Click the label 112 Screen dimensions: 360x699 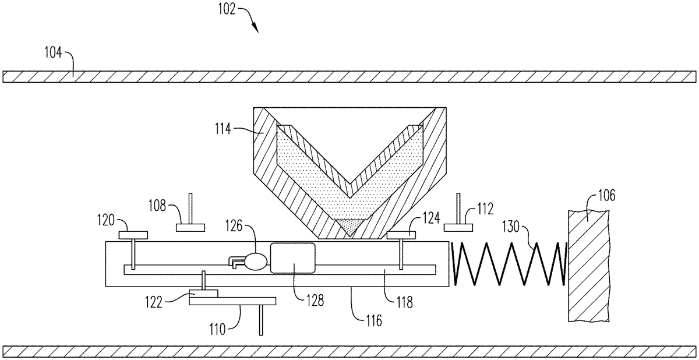click(x=485, y=208)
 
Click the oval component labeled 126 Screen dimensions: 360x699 click(x=255, y=261)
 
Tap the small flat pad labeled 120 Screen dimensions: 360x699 click(x=133, y=234)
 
